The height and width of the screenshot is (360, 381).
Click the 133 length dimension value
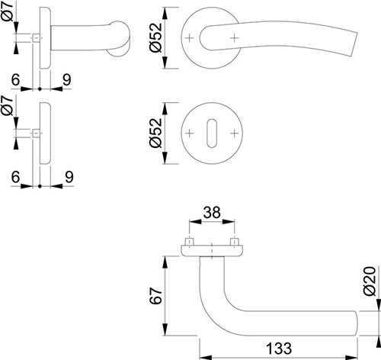[x=279, y=349]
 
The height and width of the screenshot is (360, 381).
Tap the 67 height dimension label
[x=155, y=296]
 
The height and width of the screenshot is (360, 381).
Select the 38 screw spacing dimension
[x=212, y=212]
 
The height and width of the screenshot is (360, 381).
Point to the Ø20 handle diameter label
[x=370, y=281]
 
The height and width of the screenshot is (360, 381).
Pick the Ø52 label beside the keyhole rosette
[x=155, y=133]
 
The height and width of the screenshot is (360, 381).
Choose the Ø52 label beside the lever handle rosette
[x=155, y=37]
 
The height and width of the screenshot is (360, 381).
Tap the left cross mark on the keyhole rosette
[x=189, y=133]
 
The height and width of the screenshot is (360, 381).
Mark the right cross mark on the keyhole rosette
[x=235, y=133]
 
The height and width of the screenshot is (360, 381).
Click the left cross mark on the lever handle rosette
[x=189, y=38]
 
